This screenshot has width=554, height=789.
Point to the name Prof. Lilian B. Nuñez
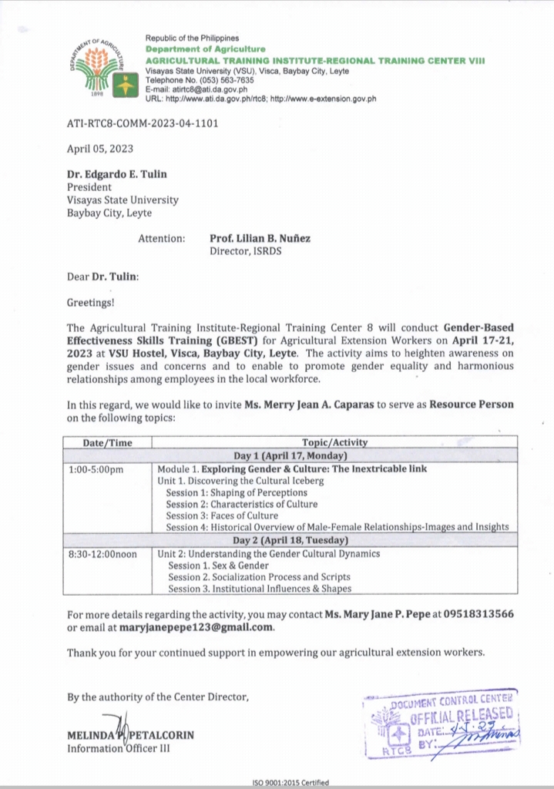pyautogui.click(x=260, y=239)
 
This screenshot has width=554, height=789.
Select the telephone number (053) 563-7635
pyautogui.click(x=223, y=79)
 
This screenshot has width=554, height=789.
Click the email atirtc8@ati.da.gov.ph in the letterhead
pyautogui.click(x=201, y=89)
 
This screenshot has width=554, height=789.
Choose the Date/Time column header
pyautogui.click(x=108, y=442)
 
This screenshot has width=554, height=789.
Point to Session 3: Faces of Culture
pyautogui.click(x=222, y=515)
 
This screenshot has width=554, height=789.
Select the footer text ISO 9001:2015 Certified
pyautogui.click(x=290, y=783)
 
